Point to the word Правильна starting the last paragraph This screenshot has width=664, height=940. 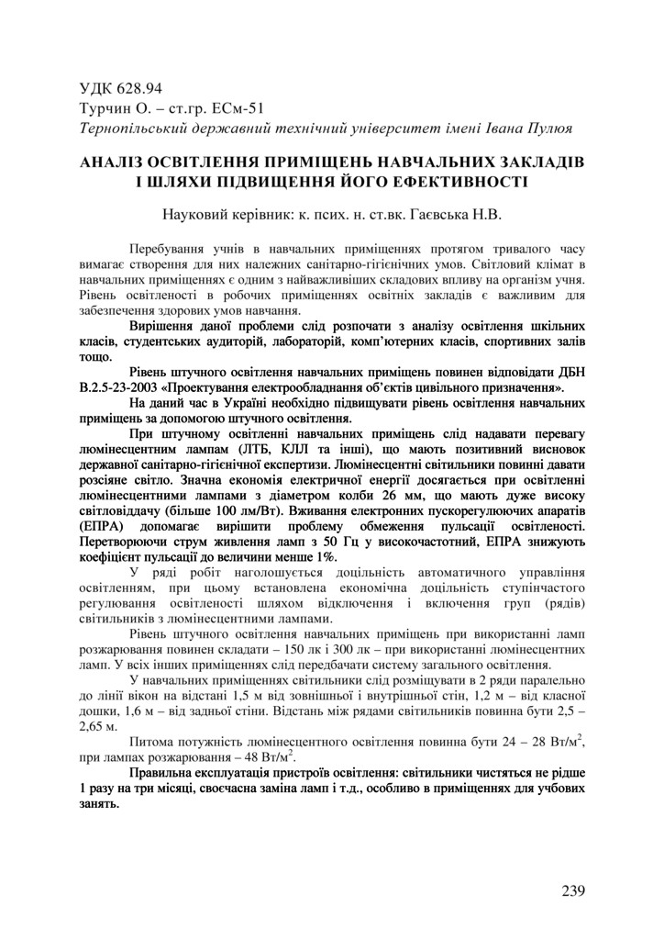coord(164,776)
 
